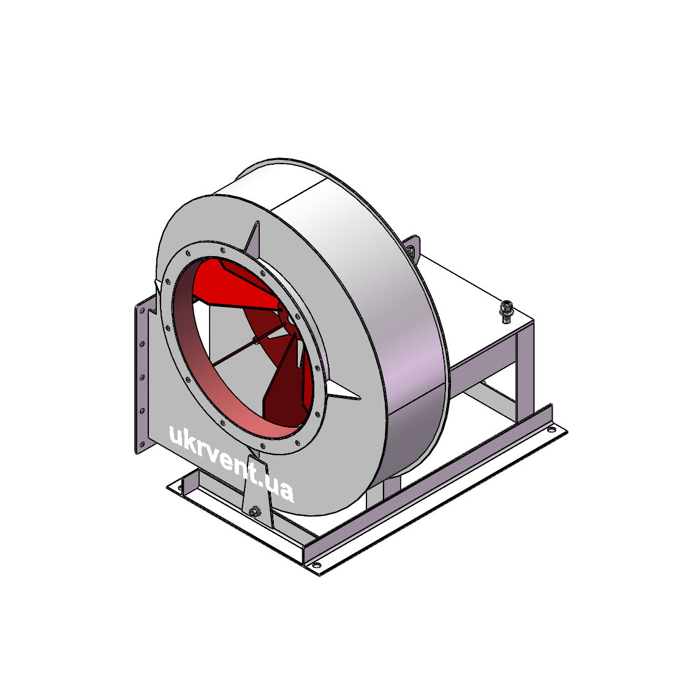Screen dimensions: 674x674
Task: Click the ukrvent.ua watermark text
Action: pos(231,464)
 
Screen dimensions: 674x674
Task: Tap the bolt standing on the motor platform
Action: pos(506,311)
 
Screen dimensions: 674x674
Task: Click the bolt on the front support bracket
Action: pos(254,512)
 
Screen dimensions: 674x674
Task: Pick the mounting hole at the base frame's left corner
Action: pos(178,488)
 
